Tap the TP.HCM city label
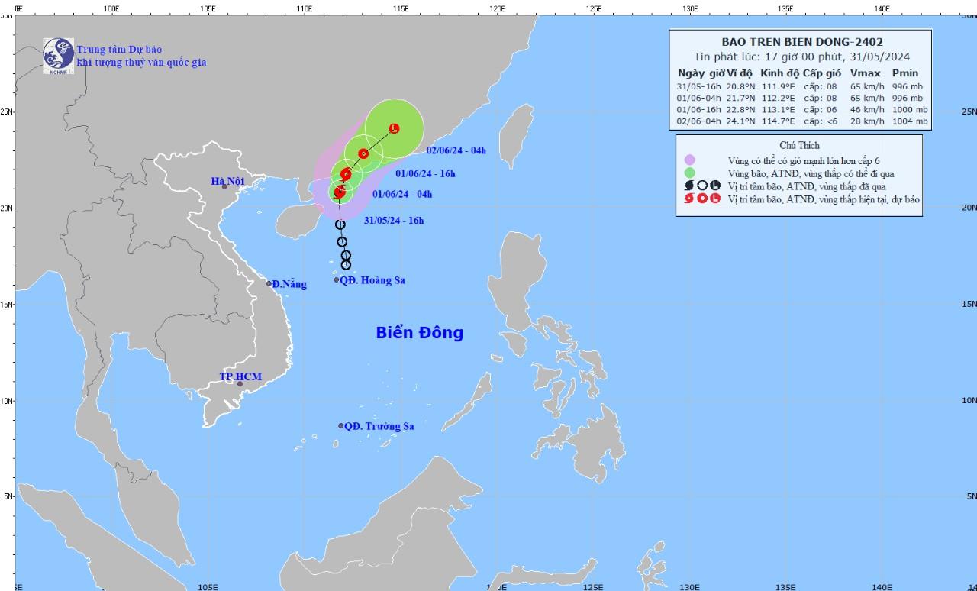click(240, 377)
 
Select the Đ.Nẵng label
click(289, 285)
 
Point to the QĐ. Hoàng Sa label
click(372, 280)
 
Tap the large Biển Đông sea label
click(419, 333)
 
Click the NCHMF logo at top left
click(58, 54)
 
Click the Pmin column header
click(904, 73)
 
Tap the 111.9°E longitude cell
click(778, 86)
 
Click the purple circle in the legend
click(690, 160)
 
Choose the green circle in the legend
click(690, 173)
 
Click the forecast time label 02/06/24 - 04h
click(456, 150)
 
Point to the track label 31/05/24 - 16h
click(394, 221)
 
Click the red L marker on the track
click(394, 128)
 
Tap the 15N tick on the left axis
click(7, 304)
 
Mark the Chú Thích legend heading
click(799, 145)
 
